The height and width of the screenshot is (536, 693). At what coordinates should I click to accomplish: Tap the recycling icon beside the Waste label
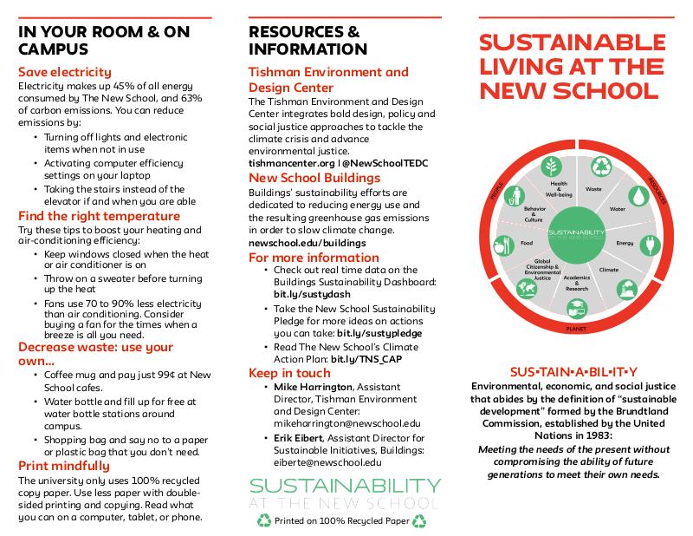point(600,167)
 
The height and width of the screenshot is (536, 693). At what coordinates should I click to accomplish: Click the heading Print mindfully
point(64,465)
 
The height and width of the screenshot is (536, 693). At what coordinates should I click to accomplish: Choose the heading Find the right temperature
point(99,216)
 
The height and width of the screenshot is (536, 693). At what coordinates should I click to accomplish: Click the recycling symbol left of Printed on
point(264,521)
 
